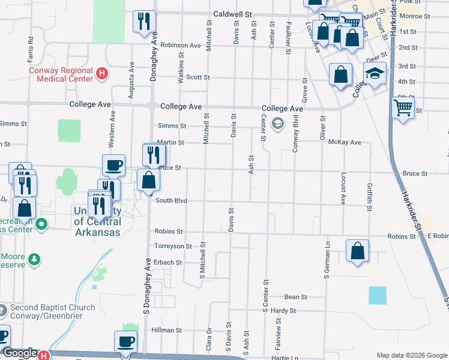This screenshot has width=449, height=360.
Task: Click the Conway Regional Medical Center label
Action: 61,74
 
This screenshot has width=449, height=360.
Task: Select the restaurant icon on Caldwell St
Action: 144,22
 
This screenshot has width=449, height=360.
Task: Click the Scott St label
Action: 197,77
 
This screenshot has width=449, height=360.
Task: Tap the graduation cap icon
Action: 375,74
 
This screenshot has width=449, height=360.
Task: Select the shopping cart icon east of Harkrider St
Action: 403,107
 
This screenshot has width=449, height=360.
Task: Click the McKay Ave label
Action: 345,142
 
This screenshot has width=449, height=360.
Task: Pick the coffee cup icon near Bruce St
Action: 113,165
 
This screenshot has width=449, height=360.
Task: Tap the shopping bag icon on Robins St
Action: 357,251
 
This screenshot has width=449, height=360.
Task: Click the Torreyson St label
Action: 173,246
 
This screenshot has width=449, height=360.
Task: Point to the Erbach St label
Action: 167,262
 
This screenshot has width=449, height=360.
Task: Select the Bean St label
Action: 295,297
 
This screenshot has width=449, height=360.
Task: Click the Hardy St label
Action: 283,311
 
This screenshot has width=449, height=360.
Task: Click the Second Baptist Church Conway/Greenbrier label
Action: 52,312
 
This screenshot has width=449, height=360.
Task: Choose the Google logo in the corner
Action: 20,353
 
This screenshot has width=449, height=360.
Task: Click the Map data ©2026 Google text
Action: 411,355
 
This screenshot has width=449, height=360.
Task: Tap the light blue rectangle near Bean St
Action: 378,295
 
